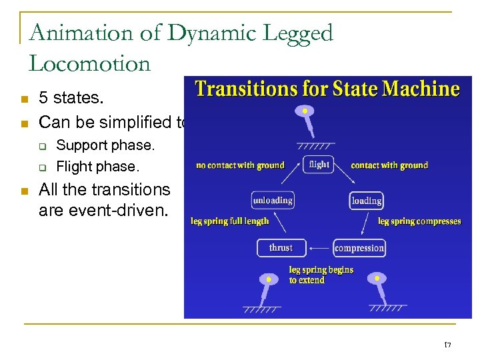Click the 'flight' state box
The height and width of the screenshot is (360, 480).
pyautogui.click(x=319, y=164)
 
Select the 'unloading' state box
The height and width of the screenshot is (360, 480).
pyautogui.click(x=273, y=200)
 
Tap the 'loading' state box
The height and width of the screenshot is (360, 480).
pyautogui.click(x=366, y=200)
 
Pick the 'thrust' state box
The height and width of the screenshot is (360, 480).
pyautogui.click(x=281, y=248)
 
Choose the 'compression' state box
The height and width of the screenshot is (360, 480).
pyautogui.click(x=359, y=248)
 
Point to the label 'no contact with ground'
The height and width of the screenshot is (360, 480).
pyautogui.click(x=240, y=165)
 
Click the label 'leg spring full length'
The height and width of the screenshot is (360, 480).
pyautogui.click(x=230, y=221)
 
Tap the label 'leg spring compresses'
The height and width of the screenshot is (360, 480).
pyautogui.click(x=419, y=221)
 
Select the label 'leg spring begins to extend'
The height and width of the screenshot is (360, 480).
pyautogui.click(x=321, y=275)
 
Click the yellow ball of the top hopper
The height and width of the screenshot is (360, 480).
pyautogui.click(x=305, y=111)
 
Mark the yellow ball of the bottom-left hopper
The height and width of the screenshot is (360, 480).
pyautogui.click(x=270, y=279)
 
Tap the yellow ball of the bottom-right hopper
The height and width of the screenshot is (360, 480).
pyautogui.click(x=377, y=277)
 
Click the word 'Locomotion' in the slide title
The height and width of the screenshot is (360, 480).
pyautogui.click(x=90, y=63)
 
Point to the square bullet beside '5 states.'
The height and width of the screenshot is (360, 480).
pyautogui.click(x=24, y=99)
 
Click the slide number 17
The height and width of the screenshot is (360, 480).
pyautogui.click(x=447, y=345)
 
